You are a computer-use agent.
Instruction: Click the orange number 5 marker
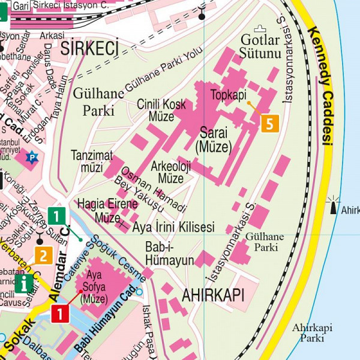click(270, 123)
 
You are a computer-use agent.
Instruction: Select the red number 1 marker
click(60, 313)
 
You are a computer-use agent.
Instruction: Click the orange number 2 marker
click(43, 256)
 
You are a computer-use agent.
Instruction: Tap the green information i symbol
click(24, 283)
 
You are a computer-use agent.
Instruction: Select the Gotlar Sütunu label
click(260, 47)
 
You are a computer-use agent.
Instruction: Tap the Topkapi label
click(229, 95)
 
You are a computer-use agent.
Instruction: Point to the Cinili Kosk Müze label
click(161, 109)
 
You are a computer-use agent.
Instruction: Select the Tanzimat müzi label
click(92, 161)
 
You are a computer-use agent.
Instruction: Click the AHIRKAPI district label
click(212, 295)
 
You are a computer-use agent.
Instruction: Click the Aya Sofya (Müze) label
click(94, 286)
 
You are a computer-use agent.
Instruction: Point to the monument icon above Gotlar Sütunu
click(260, 28)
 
